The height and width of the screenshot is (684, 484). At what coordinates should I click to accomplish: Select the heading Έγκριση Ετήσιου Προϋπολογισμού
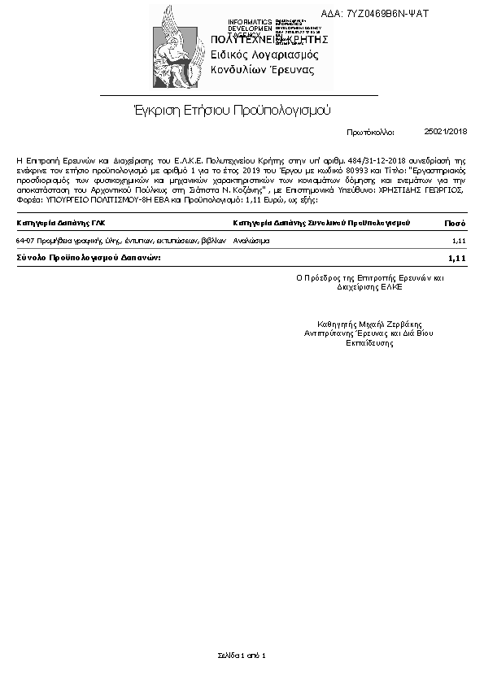pyautogui.click(x=233, y=109)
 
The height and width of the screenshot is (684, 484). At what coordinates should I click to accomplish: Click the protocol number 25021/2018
pyautogui.click(x=446, y=130)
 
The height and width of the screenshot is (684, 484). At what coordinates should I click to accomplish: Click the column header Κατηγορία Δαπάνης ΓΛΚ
pyautogui.click(x=60, y=222)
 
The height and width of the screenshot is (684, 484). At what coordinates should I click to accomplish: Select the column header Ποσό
pyautogui.click(x=455, y=222)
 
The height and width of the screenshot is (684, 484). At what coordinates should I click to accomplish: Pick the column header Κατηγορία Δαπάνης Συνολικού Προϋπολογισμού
pyautogui.click(x=321, y=222)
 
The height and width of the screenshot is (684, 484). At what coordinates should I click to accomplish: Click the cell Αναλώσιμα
pyautogui.click(x=251, y=242)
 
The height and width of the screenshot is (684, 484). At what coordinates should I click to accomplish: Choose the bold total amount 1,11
pyautogui.click(x=456, y=258)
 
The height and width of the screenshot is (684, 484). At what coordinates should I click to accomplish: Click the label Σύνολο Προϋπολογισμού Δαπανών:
pyautogui.click(x=89, y=258)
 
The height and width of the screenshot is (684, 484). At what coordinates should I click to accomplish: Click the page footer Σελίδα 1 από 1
pyautogui.click(x=242, y=655)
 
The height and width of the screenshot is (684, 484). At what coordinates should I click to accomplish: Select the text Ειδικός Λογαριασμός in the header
pyautogui.click(x=264, y=54)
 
